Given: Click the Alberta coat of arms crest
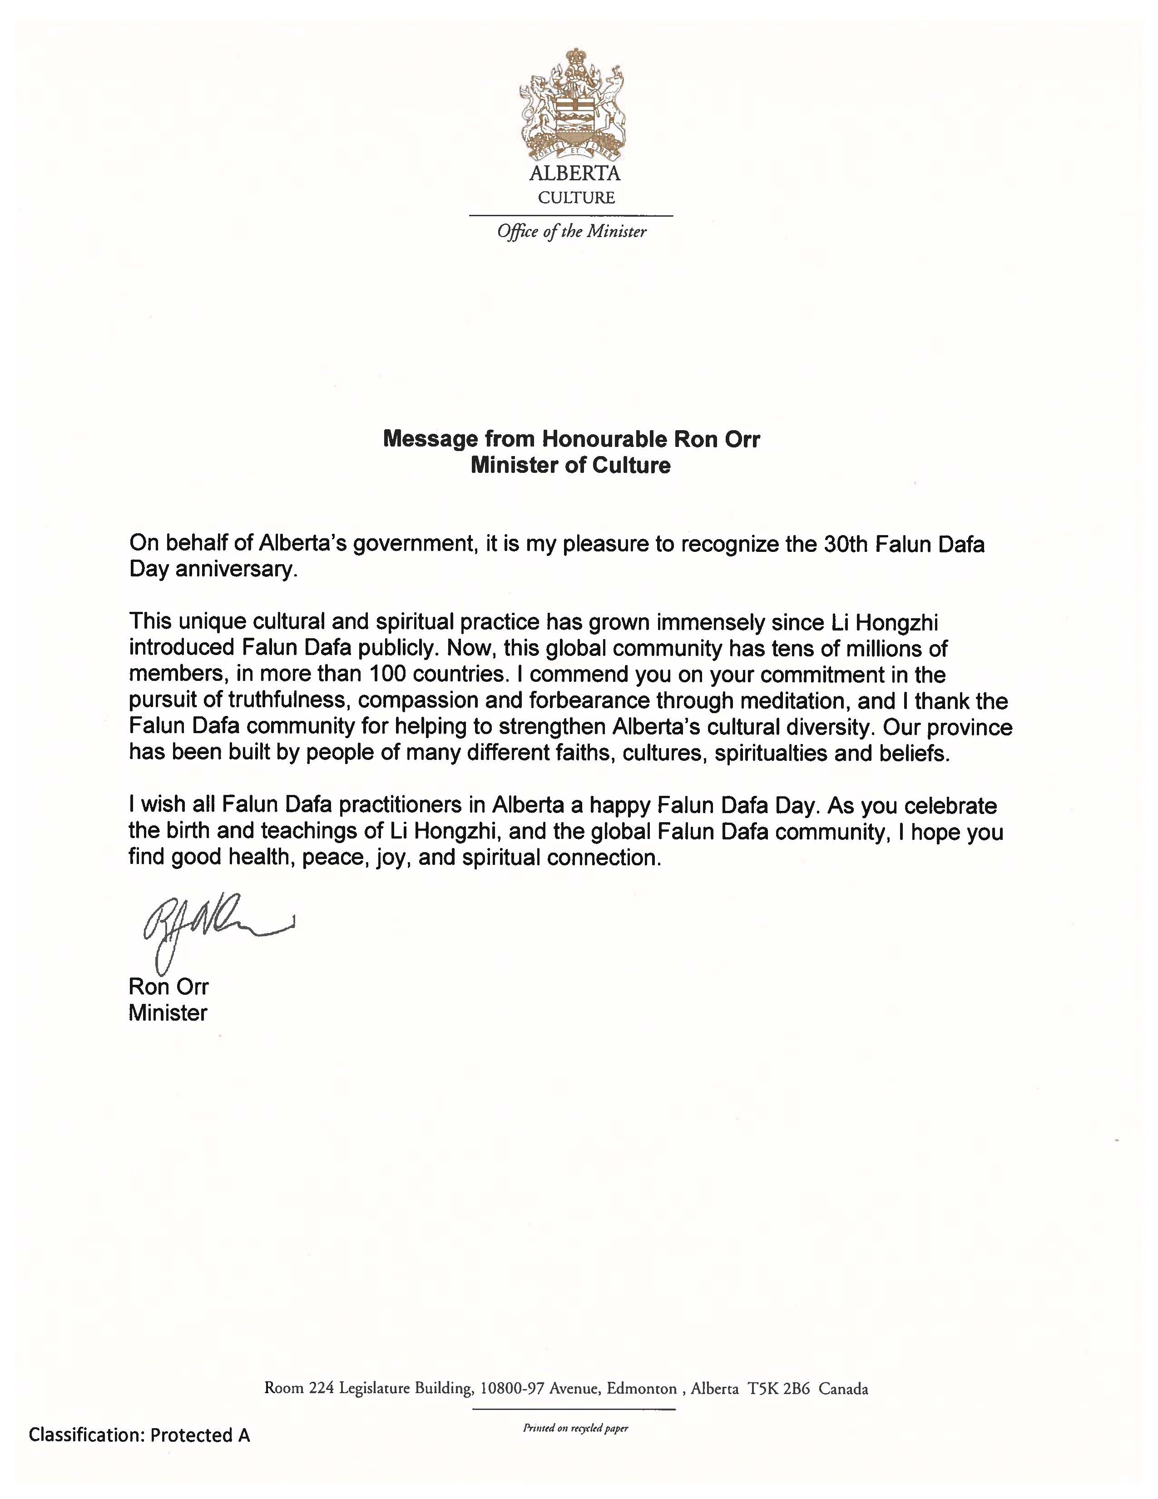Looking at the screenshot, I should coord(571,103).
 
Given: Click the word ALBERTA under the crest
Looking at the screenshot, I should coord(574,174).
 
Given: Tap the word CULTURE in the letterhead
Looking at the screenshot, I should coord(576,198).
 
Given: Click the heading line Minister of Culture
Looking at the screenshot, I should coord(571,465).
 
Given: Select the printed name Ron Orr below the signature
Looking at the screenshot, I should coord(168,987).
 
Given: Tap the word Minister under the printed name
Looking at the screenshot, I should coord(168,1013).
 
